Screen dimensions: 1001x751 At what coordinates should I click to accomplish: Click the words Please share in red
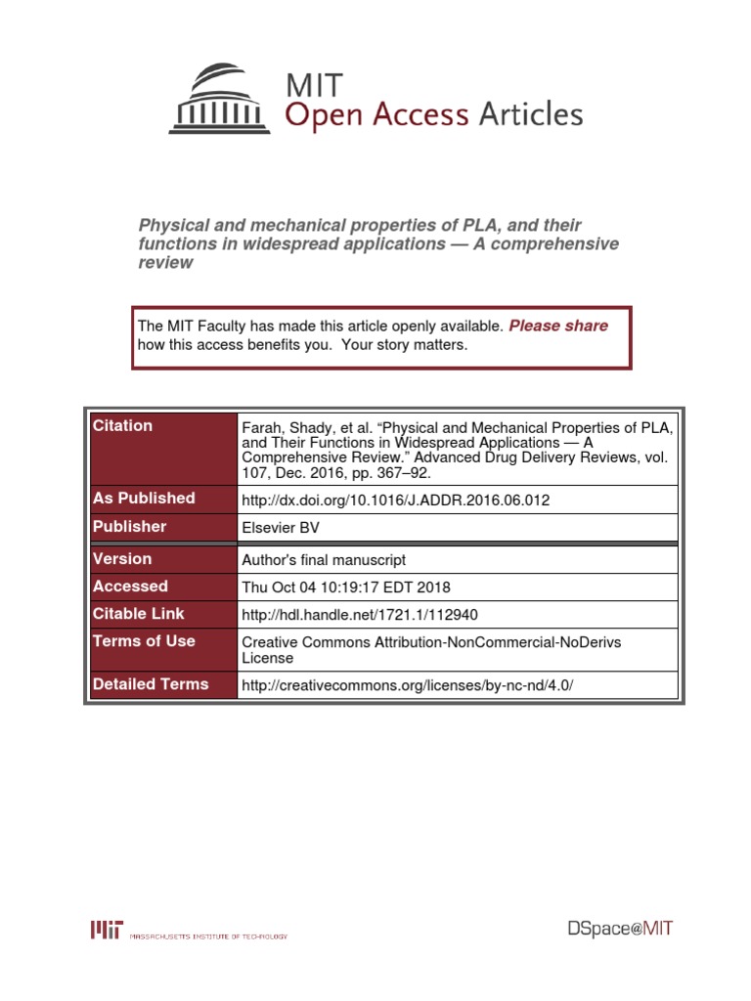(x=558, y=326)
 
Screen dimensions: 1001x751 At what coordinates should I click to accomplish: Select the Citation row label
(x=122, y=425)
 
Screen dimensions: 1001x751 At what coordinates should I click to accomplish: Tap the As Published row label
(x=144, y=498)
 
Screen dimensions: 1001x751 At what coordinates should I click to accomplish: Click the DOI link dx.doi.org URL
(x=395, y=500)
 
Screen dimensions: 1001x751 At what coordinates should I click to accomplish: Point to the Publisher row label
(x=129, y=526)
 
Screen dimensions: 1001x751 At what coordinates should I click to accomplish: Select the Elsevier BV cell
(x=280, y=528)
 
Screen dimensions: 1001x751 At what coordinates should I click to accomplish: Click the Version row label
(x=122, y=558)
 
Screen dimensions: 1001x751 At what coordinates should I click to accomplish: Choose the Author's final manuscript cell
(x=323, y=560)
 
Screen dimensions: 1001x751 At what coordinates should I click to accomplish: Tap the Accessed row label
(x=130, y=586)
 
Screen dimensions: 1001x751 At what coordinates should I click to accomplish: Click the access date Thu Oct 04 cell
(x=345, y=588)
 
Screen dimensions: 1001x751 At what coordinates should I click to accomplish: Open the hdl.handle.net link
(x=359, y=615)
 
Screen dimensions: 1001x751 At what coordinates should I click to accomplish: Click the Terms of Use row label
(x=144, y=640)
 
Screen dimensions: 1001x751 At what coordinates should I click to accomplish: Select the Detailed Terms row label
(x=151, y=683)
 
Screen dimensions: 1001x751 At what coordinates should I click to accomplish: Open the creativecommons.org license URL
(x=406, y=685)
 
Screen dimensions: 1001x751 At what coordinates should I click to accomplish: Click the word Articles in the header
(x=530, y=115)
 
